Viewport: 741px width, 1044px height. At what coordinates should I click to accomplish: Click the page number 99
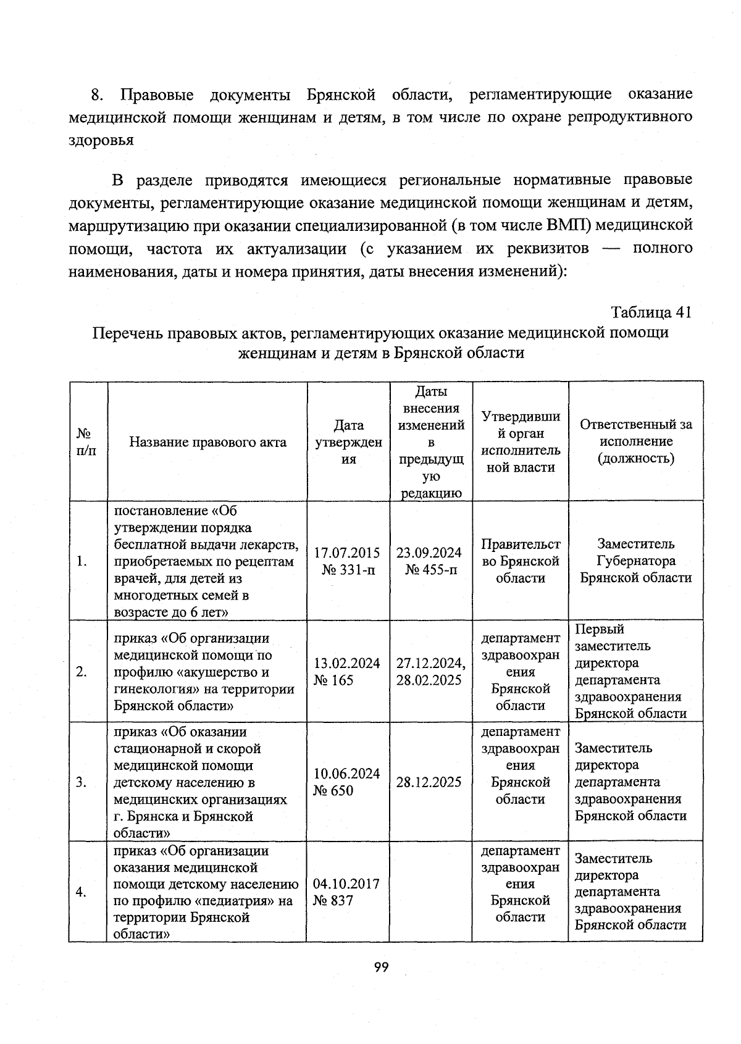tap(381, 967)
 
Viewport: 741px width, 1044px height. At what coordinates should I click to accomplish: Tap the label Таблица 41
tap(651, 312)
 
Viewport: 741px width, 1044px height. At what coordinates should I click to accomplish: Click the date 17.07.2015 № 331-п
tap(348, 561)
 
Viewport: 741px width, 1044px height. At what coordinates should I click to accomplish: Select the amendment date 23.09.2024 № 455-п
tap(430, 561)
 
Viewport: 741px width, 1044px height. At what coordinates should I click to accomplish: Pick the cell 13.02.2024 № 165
tap(347, 672)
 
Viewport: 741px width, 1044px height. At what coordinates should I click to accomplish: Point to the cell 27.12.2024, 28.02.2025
tap(430, 672)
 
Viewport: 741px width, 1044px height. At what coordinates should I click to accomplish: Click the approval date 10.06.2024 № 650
tap(347, 782)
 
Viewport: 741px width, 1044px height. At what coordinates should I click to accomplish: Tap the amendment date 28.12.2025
tap(429, 782)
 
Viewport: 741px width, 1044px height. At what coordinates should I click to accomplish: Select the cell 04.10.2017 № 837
tap(346, 892)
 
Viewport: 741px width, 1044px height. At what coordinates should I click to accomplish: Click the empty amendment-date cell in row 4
tap(430, 892)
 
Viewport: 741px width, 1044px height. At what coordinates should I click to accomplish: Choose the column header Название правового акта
tap(207, 442)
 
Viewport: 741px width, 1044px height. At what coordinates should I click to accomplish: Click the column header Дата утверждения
tap(349, 442)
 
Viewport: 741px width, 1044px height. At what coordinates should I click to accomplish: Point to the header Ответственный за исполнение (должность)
tap(636, 441)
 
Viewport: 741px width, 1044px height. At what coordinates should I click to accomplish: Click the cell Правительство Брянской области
tap(521, 561)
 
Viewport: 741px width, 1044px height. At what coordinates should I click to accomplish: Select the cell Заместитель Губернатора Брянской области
tap(636, 561)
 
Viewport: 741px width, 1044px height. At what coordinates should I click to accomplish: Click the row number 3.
tap(82, 782)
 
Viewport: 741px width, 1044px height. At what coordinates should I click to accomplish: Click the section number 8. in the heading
tap(97, 95)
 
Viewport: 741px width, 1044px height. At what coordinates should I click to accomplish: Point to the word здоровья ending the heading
tap(101, 140)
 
